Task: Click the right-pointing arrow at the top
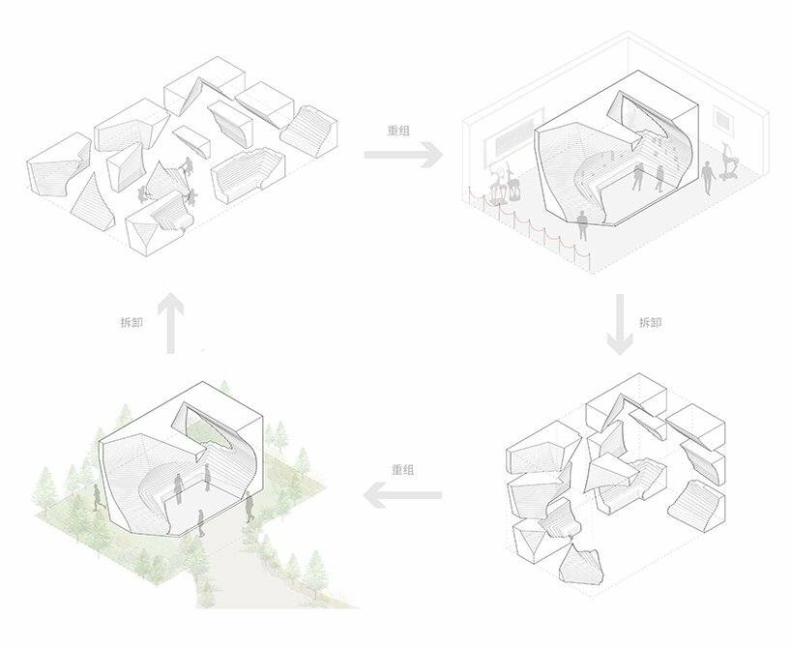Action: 403,155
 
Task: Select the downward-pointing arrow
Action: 620,324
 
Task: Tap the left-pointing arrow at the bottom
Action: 402,495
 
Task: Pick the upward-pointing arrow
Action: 171,322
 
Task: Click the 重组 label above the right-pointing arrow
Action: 398,131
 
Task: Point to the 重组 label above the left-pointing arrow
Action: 403,469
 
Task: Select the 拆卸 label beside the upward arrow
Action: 132,322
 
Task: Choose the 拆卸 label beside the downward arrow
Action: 650,322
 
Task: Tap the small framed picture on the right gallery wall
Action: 722,120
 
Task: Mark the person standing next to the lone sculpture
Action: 707,178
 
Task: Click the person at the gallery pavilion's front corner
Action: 583,225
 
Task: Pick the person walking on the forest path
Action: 201,523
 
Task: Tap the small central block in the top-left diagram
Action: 191,139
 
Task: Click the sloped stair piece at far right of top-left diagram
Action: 308,131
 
